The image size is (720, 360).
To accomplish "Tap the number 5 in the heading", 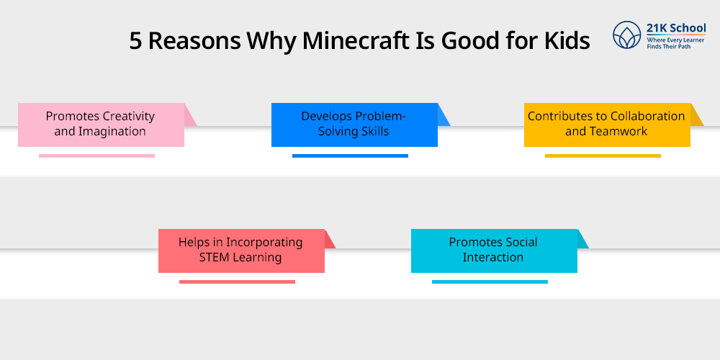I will coord(136,41).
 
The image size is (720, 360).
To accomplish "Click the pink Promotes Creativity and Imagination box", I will coord(101,125).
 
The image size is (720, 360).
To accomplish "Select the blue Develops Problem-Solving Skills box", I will coord(354,125).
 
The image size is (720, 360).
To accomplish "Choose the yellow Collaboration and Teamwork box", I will coord(607,125).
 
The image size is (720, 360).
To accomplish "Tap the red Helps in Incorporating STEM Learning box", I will coord(241,251).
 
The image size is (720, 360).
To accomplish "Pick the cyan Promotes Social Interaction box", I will coord(494,251).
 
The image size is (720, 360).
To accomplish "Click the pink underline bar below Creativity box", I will coord(96,156).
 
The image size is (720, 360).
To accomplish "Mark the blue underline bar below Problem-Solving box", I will coord(350,156).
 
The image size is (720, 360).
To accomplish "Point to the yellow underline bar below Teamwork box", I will coord(603,156).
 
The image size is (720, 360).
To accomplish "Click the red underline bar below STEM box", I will coord(237,282).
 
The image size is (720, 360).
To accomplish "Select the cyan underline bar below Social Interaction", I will coord(490,282).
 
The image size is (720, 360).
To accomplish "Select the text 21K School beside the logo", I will coord(676,28).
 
